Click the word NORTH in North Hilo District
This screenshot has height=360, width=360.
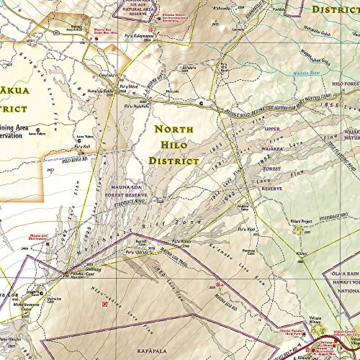(174, 130)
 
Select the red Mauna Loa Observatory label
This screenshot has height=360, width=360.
(40, 256)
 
